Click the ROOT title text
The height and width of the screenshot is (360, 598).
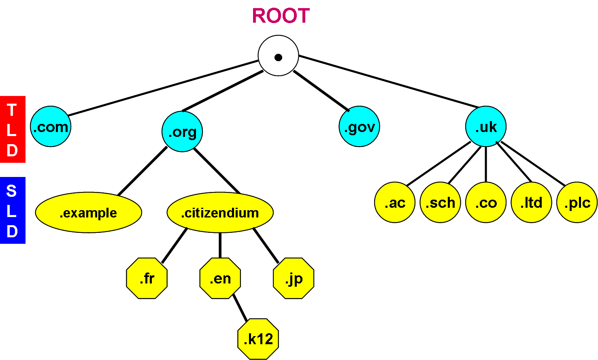click(x=281, y=16)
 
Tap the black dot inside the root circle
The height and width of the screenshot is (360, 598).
click(x=278, y=58)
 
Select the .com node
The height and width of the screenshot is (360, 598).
click(x=51, y=127)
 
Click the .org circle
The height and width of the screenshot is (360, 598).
click(x=182, y=132)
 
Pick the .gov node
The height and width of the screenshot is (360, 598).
click(x=360, y=127)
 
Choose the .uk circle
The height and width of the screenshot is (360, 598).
click(x=486, y=127)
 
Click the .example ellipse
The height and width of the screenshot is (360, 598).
click(x=88, y=213)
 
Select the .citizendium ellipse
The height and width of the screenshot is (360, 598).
click(x=220, y=213)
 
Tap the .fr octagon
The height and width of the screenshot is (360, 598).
click(x=147, y=279)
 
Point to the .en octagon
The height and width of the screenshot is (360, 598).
click(x=220, y=279)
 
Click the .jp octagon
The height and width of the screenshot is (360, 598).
click(x=294, y=279)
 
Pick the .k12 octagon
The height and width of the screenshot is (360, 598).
click(x=258, y=339)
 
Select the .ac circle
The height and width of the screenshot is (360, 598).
click(x=395, y=202)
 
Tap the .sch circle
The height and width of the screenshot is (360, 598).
click(x=440, y=202)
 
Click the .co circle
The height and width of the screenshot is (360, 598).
click(x=486, y=202)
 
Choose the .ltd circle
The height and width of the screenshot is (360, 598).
click(x=531, y=202)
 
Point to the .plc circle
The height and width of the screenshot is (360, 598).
click(x=577, y=202)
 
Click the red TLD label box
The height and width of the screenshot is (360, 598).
click(x=13, y=130)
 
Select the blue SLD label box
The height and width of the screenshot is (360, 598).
click(x=13, y=211)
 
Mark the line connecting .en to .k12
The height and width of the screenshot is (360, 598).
click(x=240, y=309)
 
